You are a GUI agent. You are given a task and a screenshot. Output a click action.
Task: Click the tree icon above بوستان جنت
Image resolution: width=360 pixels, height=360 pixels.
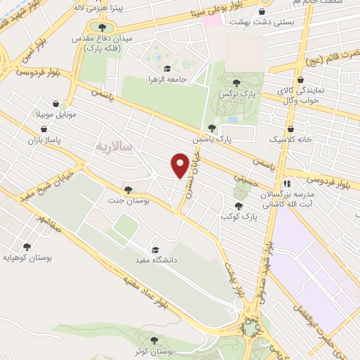[x=127, y=190]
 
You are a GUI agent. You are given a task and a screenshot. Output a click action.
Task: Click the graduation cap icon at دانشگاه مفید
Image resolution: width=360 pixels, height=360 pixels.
[x=155, y=249]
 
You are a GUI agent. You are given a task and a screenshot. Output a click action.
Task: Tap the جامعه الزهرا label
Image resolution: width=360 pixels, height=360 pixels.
[x=167, y=79]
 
